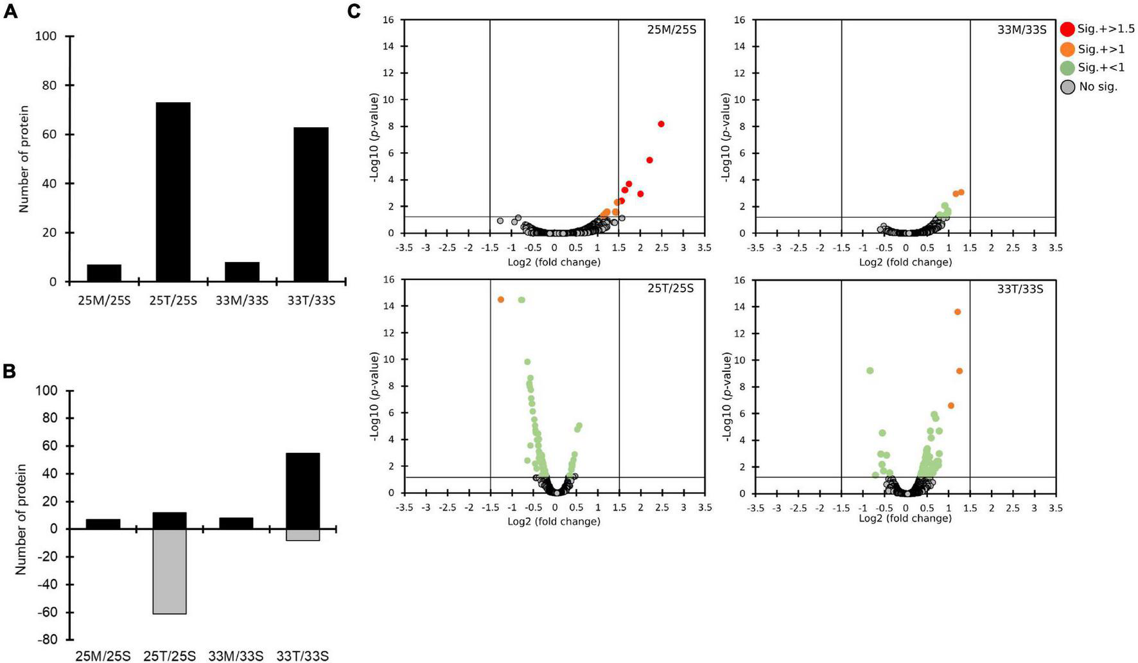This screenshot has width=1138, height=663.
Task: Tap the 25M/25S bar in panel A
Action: (104, 273)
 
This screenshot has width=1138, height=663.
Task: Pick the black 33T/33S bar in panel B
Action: (302, 491)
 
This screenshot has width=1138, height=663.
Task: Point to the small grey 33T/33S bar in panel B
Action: (302, 535)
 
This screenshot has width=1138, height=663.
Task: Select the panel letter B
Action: (9, 371)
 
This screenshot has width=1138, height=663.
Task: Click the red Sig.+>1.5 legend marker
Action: (1067, 29)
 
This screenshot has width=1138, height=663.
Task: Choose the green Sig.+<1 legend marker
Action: (1067, 67)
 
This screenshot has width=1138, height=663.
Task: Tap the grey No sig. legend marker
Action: (1067, 87)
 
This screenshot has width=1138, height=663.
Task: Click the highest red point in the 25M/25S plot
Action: (661, 124)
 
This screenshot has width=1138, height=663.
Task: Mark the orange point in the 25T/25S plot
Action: (501, 299)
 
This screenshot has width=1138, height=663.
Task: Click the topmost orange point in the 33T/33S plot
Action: (958, 312)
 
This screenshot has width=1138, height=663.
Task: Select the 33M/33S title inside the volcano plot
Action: (1022, 30)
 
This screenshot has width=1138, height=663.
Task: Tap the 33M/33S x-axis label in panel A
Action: (242, 300)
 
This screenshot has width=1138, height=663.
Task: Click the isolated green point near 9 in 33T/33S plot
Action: (870, 371)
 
